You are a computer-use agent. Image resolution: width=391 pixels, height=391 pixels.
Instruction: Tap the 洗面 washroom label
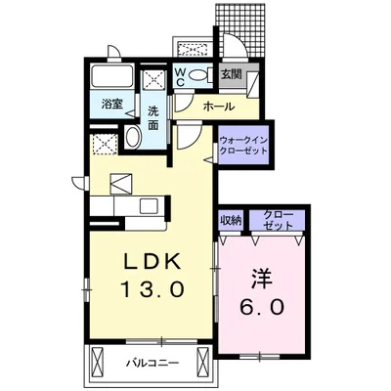tap(153, 116)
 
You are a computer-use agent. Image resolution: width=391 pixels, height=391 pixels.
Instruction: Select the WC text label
tap(182, 76)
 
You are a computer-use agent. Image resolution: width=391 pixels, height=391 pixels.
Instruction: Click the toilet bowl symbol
tap(199, 75)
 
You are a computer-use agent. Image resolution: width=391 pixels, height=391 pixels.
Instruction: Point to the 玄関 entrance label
tap(231, 73)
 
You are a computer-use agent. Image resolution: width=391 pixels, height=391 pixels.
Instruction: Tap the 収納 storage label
tap(231, 219)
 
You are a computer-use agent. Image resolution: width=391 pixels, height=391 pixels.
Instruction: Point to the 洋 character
tap(259, 277)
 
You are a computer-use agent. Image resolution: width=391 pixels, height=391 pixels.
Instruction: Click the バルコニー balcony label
tap(152, 364)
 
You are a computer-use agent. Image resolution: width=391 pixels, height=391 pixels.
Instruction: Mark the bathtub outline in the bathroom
tap(115, 78)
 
